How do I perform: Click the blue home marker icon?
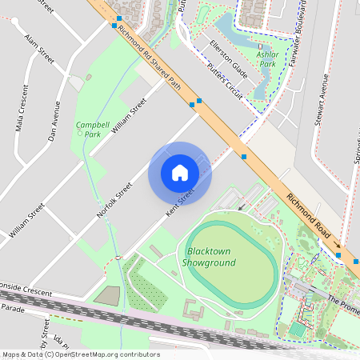[x=179, y=173]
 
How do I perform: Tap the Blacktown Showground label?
[x=209, y=257]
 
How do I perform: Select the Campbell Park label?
[x=88, y=130]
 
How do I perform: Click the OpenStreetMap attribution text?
[x=80, y=354]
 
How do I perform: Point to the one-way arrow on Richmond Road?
[x=338, y=246]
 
